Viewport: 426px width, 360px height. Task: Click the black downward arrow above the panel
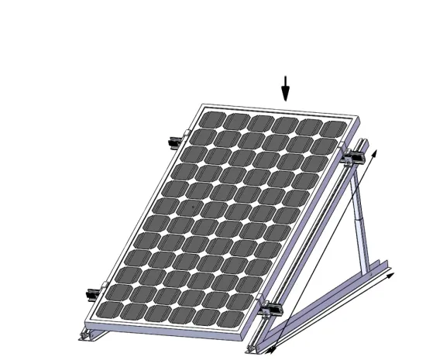pyautogui.click(x=285, y=90)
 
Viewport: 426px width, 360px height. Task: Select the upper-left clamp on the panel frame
pyautogui.click(x=174, y=142)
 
